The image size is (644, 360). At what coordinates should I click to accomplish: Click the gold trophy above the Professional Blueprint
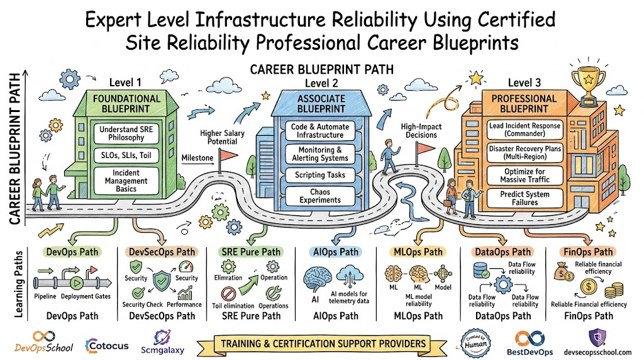(x=588, y=86)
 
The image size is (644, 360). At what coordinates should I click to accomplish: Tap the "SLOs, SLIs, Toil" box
(x=126, y=155)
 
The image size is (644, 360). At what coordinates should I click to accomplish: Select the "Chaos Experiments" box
(x=320, y=196)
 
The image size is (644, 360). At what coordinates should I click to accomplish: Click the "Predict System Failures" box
(x=525, y=198)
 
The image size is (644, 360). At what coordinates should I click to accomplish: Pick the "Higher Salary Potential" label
(x=222, y=137)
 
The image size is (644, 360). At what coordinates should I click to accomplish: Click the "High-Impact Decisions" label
(x=421, y=131)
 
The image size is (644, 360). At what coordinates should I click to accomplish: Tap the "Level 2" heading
(x=321, y=83)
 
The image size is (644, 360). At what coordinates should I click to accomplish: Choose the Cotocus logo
(x=107, y=346)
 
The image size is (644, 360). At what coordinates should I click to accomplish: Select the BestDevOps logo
(x=530, y=343)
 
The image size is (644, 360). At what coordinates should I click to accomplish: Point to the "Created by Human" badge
(x=475, y=343)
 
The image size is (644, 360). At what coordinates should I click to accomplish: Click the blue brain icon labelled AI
(x=318, y=279)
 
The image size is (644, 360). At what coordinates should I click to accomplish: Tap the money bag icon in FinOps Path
(x=563, y=272)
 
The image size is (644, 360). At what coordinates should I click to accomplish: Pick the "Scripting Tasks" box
(x=320, y=175)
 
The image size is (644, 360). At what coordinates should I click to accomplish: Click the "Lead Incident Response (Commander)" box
(x=525, y=130)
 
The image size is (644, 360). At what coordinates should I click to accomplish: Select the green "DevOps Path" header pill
(x=72, y=252)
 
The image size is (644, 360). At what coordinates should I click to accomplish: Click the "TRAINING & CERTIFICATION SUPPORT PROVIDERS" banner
(x=323, y=344)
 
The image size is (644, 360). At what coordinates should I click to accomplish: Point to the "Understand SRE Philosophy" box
(x=126, y=133)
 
